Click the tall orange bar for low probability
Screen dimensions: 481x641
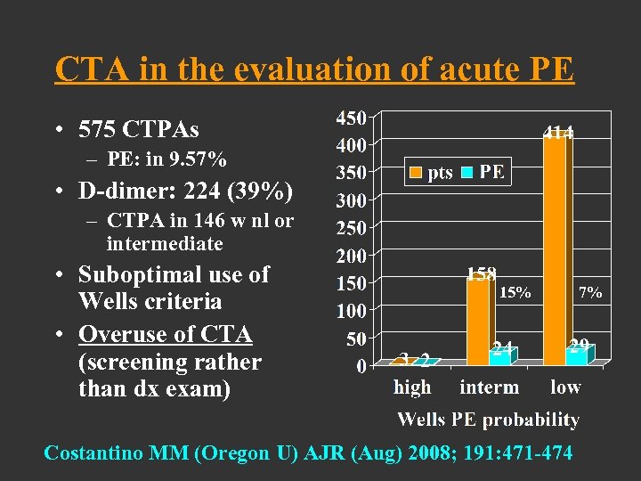pos(556,249)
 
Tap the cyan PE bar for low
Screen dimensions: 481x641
pos(577,355)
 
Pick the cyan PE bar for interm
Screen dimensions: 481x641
pos(500,356)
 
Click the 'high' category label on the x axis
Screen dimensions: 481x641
pos(412,387)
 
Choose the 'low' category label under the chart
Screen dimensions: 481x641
pos(565,387)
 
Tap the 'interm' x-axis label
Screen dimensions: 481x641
pos(489,387)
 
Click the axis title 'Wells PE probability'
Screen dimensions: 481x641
pos(488,420)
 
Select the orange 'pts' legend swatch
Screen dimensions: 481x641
pos(416,173)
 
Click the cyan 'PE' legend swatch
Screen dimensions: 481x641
pos(468,173)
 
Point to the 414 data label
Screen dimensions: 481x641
pos(559,133)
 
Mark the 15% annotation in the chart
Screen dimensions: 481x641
pos(515,291)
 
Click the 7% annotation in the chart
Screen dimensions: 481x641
pos(590,291)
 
